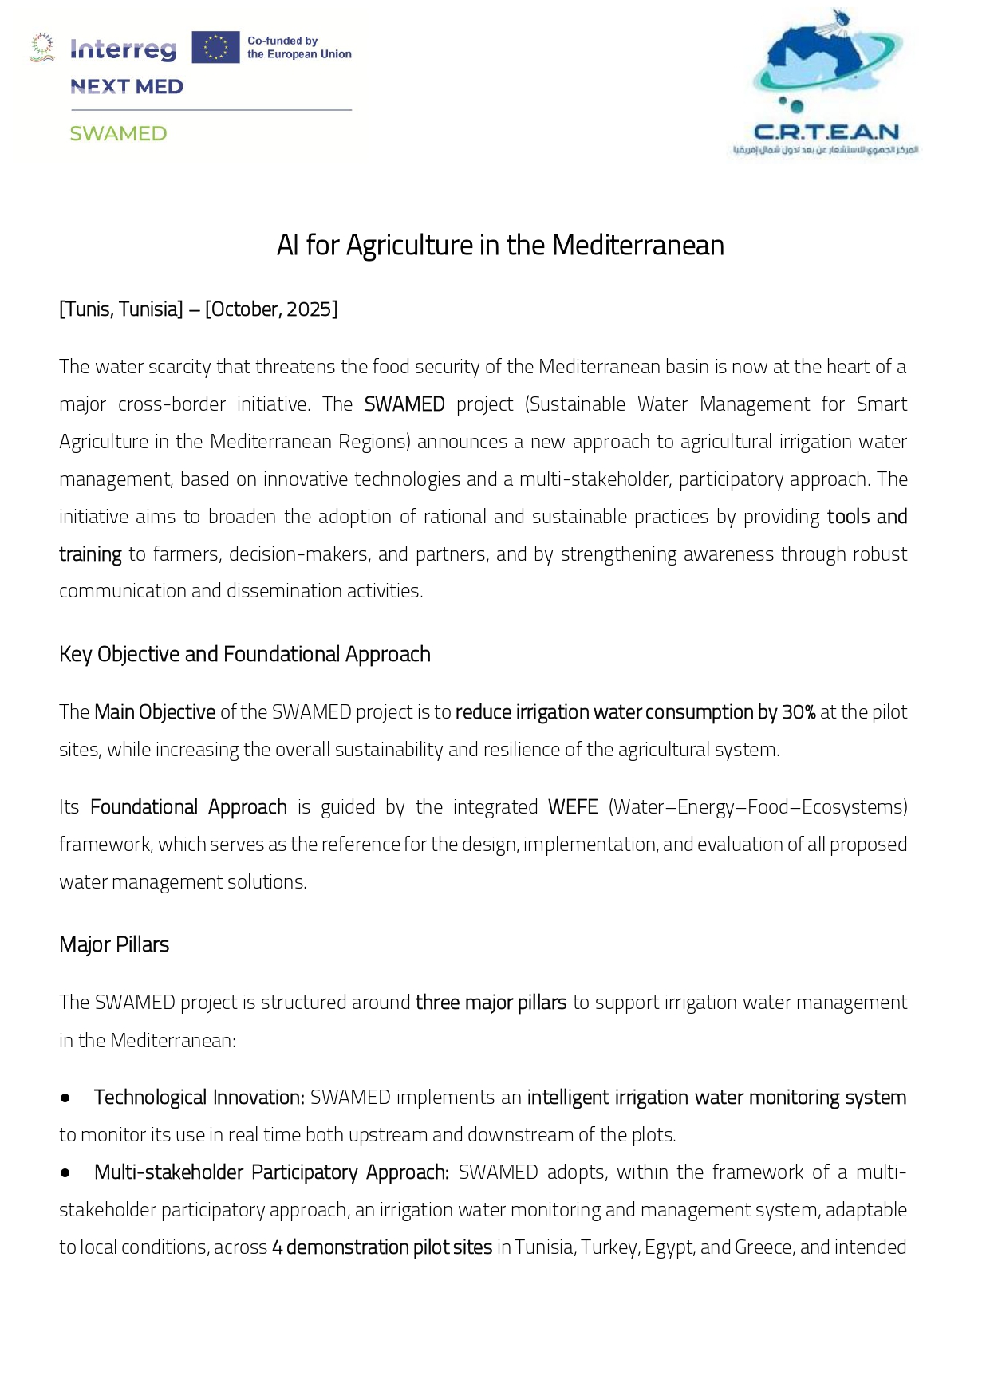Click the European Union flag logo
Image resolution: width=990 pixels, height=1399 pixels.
pyautogui.click(x=215, y=47)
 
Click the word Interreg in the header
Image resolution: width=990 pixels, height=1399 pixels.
pyautogui.click(x=123, y=49)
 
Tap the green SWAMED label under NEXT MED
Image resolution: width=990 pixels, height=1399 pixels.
pyautogui.click(x=118, y=133)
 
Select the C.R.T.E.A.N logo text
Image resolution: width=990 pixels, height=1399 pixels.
pyautogui.click(x=826, y=132)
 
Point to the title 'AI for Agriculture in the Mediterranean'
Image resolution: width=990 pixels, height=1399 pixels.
pyautogui.click(x=500, y=245)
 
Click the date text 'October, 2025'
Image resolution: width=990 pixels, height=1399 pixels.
pyautogui.click(x=271, y=309)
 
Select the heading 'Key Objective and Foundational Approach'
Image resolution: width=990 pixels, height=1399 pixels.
pyautogui.click(x=245, y=654)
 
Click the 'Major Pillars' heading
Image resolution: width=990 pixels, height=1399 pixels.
pyautogui.click(x=114, y=944)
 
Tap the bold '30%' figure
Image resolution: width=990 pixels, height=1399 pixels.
pyautogui.click(x=799, y=711)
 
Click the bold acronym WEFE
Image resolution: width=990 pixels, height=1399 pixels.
pyautogui.click(x=573, y=806)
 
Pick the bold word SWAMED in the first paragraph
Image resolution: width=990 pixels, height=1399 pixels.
pyautogui.click(x=404, y=404)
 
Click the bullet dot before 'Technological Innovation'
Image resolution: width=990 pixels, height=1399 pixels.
pyautogui.click(x=65, y=1098)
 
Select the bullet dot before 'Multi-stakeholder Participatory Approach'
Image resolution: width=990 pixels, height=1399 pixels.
pyautogui.click(x=65, y=1173)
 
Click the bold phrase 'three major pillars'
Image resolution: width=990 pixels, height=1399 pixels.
pyautogui.click(x=491, y=1002)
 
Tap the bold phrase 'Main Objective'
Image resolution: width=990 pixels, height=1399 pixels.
pyautogui.click(x=155, y=711)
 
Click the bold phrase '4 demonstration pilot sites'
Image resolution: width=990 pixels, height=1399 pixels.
pyautogui.click(x=382, y=1247)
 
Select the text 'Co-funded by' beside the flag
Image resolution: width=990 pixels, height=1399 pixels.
pyautogui.click(x=282, y=41)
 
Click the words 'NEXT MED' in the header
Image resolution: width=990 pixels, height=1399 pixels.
pyautogui.click(x=127, y=87)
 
